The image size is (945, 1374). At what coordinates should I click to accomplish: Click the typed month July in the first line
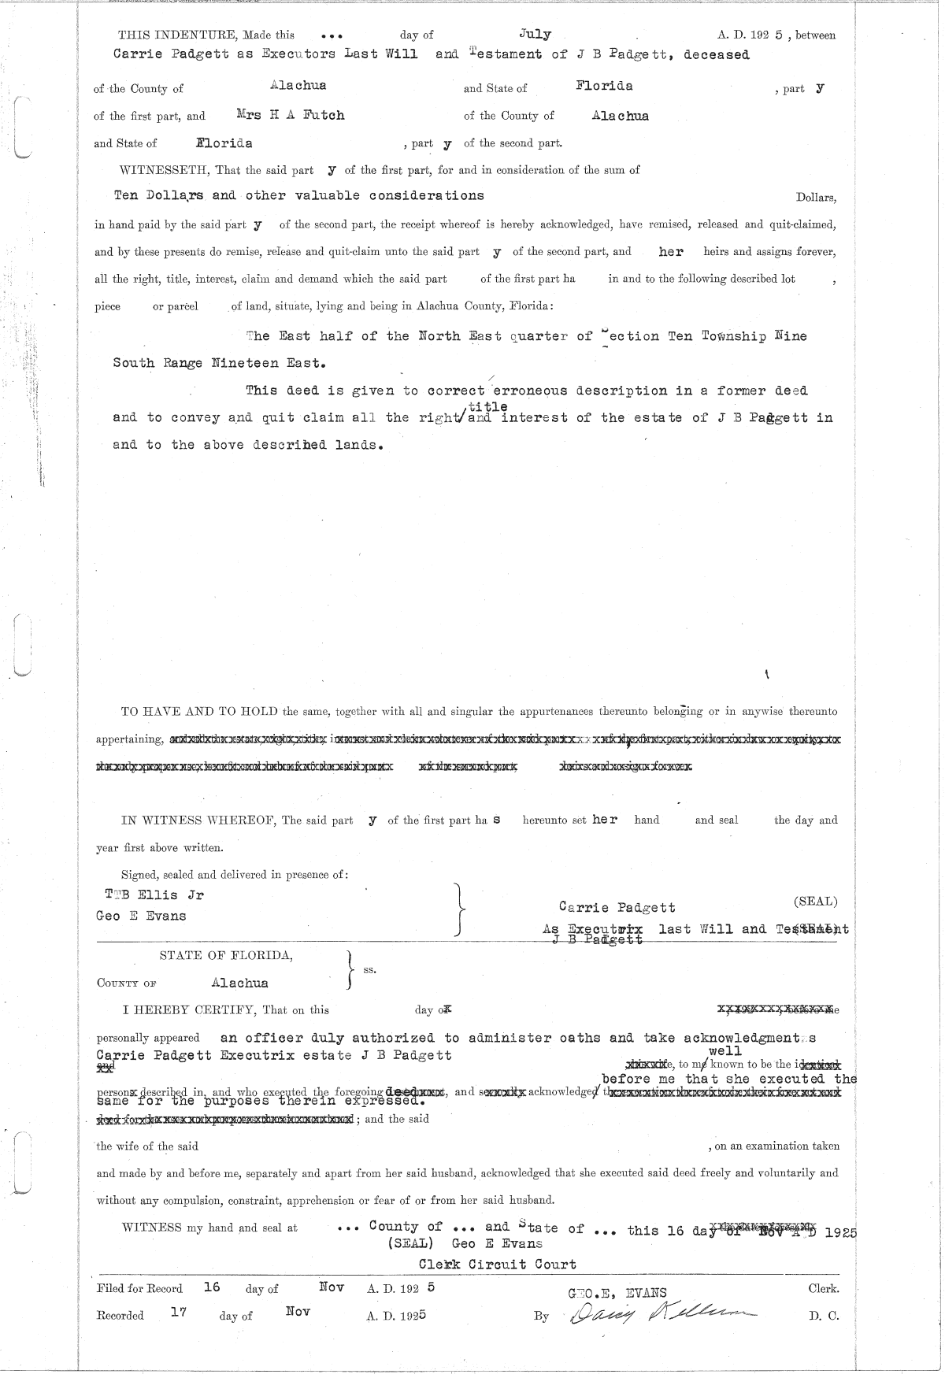coord(535,34)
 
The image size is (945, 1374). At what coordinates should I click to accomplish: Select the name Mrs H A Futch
coord(291,115)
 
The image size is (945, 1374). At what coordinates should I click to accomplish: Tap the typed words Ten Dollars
coord(160,195)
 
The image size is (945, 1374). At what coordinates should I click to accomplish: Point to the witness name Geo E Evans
coord(141,916)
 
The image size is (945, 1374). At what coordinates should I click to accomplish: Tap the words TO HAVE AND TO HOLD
coord(199,712)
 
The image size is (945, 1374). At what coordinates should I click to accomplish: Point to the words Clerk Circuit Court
coord(497,1264)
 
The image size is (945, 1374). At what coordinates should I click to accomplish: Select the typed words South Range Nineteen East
coord(218,363)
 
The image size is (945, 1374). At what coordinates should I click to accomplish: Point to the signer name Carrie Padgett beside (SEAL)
coord(617,907)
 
